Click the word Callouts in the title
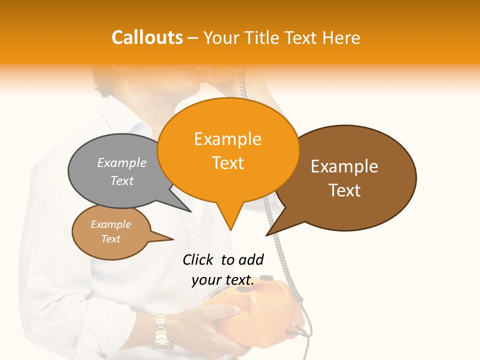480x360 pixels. tap(147, 37)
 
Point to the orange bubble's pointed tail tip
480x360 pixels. tap(230, 230)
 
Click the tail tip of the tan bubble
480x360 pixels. tap(173, 239)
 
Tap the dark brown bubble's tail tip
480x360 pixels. tap(266, 235)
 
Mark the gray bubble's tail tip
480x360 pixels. tap(191, 211)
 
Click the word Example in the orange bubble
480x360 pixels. tap(227, 139)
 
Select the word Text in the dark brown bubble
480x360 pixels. tap(344, 190)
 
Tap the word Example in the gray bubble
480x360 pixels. tap(122, 162)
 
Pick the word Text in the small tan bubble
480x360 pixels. tap(111, 239)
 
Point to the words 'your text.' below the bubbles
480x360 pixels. tap(223, 280)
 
